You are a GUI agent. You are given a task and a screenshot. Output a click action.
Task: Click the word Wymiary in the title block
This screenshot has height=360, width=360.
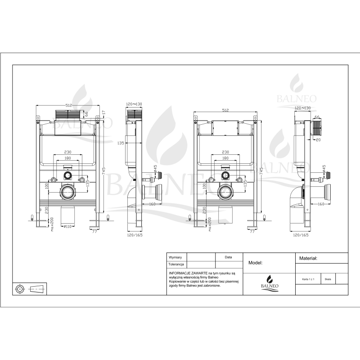(175, 257)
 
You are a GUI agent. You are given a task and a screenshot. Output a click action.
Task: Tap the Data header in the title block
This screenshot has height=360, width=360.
(229, 257)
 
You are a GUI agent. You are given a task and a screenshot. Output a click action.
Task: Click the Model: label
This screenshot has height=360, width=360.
(255, 263)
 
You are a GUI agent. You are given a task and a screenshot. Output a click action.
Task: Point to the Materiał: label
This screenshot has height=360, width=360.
(309, 259)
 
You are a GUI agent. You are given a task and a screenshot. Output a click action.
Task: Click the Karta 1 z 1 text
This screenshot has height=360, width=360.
(308, 279)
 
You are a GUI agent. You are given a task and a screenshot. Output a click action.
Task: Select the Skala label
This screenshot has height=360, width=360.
(328, 279)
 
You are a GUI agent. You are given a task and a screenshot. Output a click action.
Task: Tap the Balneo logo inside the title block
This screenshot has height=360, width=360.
(269, 283)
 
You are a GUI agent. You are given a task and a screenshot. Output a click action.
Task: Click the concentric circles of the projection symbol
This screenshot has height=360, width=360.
(21, 288)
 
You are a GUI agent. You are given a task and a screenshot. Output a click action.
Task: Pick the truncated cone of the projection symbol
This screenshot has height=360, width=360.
(38, 288)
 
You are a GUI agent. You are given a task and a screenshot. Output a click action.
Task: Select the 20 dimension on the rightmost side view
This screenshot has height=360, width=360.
(318, 139)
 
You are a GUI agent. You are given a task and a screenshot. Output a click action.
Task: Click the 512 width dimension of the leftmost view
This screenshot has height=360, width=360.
(68, 105)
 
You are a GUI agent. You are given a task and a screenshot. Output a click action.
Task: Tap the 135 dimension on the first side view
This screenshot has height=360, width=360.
(121, 143)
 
